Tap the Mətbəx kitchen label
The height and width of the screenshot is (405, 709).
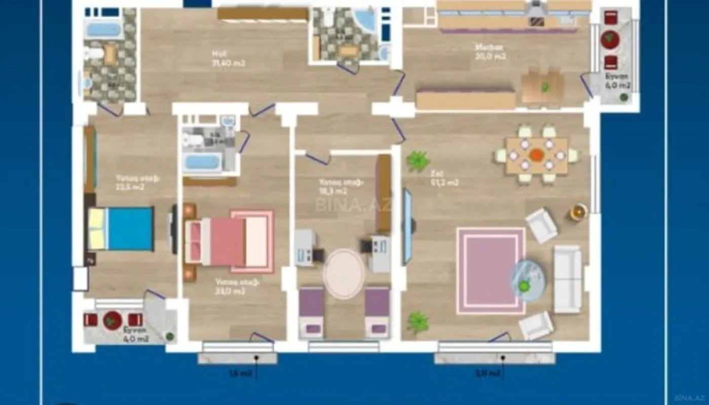[489, 47]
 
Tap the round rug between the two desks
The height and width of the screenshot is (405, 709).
[344, 273]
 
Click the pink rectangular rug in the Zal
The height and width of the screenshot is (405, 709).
[490, 270]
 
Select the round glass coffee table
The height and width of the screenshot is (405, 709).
[527, 280]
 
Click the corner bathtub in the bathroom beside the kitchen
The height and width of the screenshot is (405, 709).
[364, 20]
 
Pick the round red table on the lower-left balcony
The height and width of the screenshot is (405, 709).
[112, 320]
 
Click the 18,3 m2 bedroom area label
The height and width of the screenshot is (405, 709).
[333, 191]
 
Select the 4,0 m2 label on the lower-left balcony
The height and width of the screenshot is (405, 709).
[136, 339]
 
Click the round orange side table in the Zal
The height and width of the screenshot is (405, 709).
[578, 211]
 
